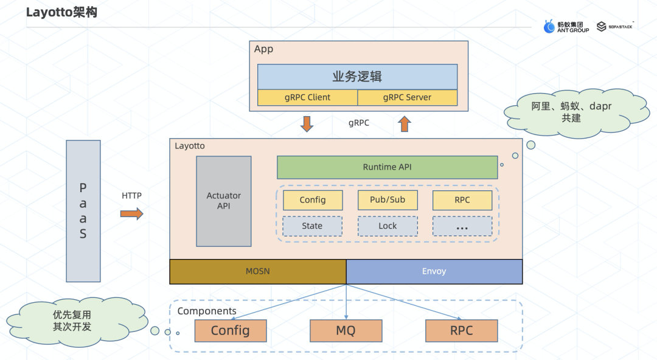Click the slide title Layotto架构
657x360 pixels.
[x=61, y=12]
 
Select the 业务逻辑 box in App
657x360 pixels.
[x=357, y=77]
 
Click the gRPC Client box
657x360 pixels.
[x=307, y=97]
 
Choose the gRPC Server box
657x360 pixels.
[x=407, y=97]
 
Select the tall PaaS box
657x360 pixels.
[x=83, y=210]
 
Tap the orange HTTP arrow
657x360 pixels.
[x=131, y=213]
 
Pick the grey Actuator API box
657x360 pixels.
[x=223, y=201]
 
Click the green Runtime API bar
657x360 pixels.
[x=387, y=167]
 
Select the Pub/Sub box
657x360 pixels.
[x=387, y=200]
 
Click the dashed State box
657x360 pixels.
[x=312, y=226]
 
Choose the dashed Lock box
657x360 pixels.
[x=387, y=226]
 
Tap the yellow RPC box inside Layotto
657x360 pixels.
[x=462, y=200]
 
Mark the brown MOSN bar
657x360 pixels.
[x=257, y=271]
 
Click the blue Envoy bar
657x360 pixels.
[x=434, y=271]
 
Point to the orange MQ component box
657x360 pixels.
[x=346, y=331]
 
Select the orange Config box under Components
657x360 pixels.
[x=231, y=331]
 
